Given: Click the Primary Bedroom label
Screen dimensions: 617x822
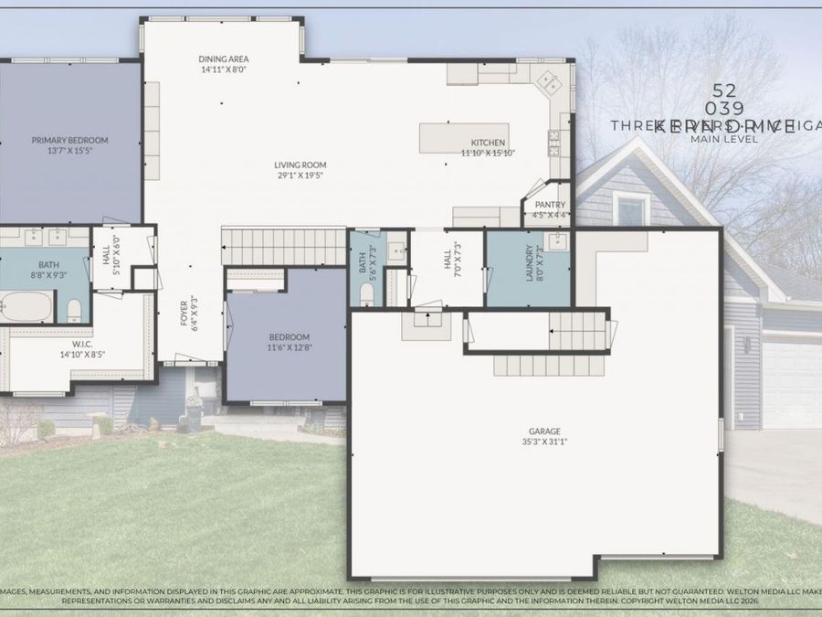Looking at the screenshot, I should [69, 140].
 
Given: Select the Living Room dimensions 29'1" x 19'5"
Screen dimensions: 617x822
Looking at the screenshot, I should [300, 176].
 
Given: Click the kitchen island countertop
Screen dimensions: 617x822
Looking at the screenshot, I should [463, 137].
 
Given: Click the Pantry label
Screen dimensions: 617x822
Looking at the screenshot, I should [550, 205].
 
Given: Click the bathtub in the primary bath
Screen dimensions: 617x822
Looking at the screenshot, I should [27, 307].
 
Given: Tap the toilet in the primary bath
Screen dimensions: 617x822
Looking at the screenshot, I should [75, 307].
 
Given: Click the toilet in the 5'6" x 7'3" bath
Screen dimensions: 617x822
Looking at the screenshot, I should [366, 293].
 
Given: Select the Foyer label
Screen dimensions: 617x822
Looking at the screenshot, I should [184, 311].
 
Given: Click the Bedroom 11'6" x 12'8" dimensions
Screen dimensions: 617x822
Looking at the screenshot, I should [288, 347].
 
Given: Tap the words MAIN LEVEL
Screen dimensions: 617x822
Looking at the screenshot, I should [718, 139].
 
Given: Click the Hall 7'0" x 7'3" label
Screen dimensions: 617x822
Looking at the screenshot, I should [448, 262].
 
